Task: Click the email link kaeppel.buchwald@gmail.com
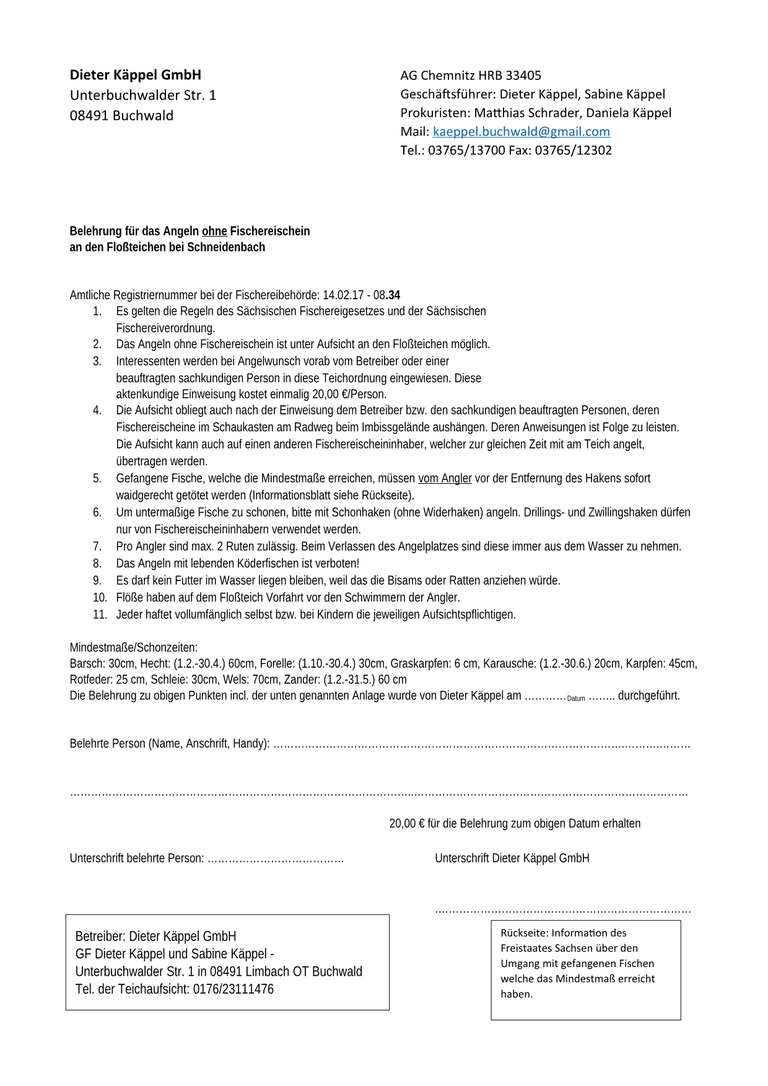tap(521, 131)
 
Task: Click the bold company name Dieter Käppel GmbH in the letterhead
tap(135, 75)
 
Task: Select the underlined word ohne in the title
tap(214, 231)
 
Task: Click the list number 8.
tap(97, 563)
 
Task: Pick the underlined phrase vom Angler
tap(445, 478)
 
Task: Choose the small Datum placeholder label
tap(576, 698)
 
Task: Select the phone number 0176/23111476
tap(233, 989)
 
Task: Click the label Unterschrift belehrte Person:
tap(137, 858)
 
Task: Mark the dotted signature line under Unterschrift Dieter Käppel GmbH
tap(562, 911)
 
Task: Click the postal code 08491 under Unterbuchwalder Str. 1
tap(89, 116)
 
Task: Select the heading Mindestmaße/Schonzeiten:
tap(134, 647)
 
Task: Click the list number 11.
tap(100, 615)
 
